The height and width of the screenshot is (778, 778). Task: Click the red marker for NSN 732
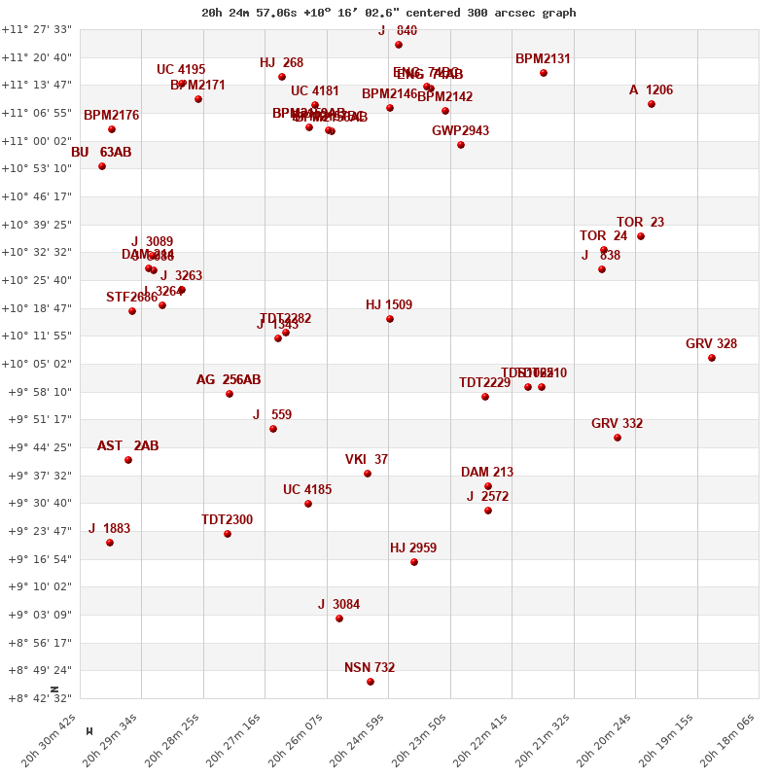pyautogui.click(x=371, y=682)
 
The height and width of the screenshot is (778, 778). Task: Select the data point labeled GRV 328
pyautogui.click(x=712, y=358)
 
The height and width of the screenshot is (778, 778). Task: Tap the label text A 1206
pyautogui.click(x=651, y=90)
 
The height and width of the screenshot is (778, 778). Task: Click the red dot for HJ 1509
pyautogui.click(x=390, y=319)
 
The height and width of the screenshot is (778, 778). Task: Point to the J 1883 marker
pyautogui.click(x=110, y=543)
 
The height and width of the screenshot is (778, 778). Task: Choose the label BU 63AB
pyautogui.click(x=101, y=153)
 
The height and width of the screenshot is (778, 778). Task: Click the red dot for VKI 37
pyautogui.click(x=368, y=474)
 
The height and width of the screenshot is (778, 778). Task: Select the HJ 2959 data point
pyautogui.click(x=414, y=562)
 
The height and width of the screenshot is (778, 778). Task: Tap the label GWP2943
pyautogui.click(x=460, y=131)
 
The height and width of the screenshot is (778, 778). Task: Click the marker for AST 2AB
pyautogui.click(x=128, y=460)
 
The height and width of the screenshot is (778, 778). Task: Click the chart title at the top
pyautogui.click(x=389, y=13)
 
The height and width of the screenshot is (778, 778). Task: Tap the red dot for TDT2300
pyautogui.click(x=228, y=534)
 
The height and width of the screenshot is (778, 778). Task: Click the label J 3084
pyautogui.click(x=338, y=605)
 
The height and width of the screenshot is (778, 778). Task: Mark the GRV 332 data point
pyautogui.click(x=618, y=438)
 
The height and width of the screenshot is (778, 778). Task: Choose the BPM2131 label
pyautogui.click(x=543, y=59)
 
